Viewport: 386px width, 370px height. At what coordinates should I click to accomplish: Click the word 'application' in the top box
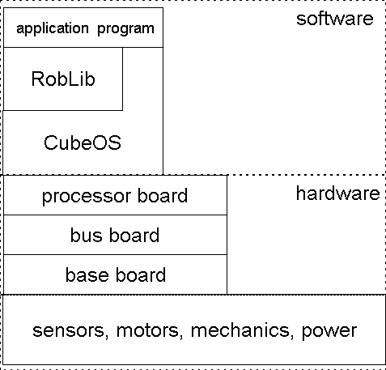click(x=53, y=29)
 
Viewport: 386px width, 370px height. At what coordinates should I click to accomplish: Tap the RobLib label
click(x=63, y=79)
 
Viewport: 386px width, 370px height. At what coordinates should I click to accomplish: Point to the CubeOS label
click(x=83, y=142)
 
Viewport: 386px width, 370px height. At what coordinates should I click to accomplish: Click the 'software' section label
click(x=335, y=19)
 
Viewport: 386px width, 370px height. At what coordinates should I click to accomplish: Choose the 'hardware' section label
click(x=338, y=194)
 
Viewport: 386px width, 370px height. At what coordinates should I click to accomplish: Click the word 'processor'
click(x=87, y=197)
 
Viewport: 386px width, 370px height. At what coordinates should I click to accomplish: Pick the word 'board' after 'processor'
click(x=163, y=195)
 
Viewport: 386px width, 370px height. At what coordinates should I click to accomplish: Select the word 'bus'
click(x=87, y=235)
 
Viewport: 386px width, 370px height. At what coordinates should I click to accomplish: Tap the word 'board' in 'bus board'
click(x=134, y=235)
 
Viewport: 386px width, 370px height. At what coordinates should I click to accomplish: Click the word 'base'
click(x=87, y=274)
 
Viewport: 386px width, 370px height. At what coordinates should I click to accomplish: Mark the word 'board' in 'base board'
click(x=141, y=274)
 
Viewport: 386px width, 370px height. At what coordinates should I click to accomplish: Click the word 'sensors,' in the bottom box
click(x=70, y=331)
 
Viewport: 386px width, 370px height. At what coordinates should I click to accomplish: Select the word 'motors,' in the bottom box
click(x=150, y=331)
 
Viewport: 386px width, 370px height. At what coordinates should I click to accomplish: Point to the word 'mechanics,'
click(x=242, y=330)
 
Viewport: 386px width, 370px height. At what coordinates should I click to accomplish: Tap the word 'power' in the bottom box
click(x=329, y=332)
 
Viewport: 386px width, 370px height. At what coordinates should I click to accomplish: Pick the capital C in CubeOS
click(x=51, y=142)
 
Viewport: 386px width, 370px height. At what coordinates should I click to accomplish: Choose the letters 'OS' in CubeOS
click(x=107, y=142)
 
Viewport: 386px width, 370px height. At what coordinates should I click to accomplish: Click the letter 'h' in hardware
click(x=301, y=194)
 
